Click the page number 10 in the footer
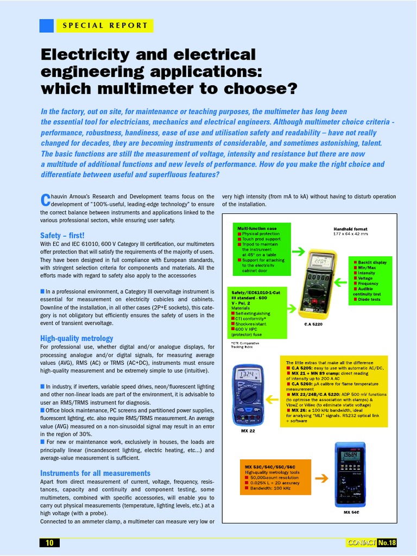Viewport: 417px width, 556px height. pos(49,543)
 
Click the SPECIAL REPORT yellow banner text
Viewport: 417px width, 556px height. pos(105,26)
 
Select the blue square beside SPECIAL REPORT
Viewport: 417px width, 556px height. pos(47,26)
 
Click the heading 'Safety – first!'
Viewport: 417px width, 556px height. pos(62,235)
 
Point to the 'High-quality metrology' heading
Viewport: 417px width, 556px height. pos(77,338)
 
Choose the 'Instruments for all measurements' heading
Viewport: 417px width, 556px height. pos(95,473)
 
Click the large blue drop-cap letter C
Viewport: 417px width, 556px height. pos(45,200)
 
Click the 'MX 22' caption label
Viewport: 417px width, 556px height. pos(248,431)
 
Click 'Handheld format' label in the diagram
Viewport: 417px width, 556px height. pos(350,229)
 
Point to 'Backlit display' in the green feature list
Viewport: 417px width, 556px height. pos(372,262)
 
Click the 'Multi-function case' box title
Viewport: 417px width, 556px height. pos(256,229)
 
